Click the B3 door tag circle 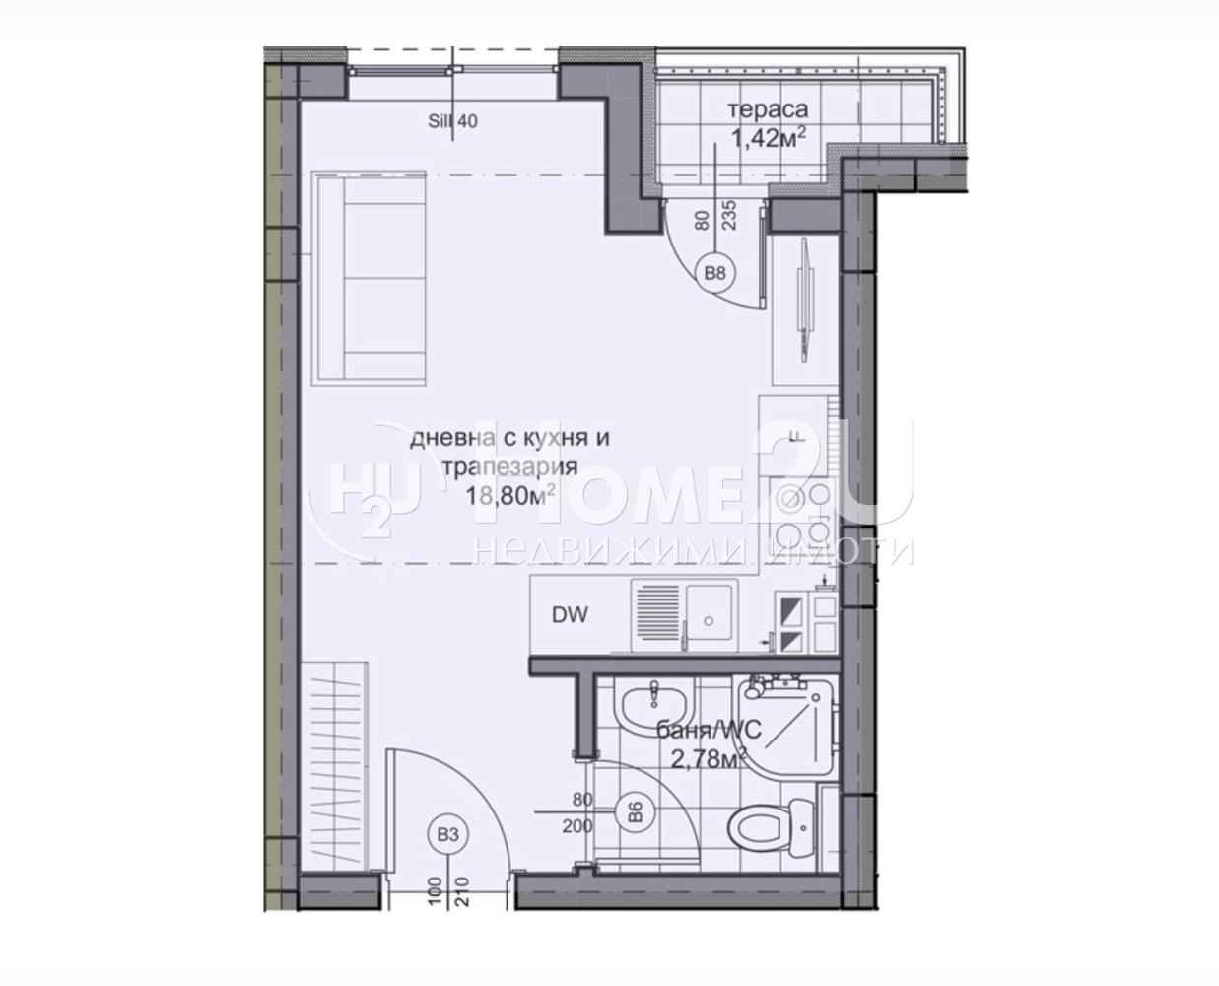click(448, 835)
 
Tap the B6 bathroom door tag click(636, 812)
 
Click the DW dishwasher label click(570, 616)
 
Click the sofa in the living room click(368, 277)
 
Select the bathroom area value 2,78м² click(704, 759)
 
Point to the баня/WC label click(702, 732)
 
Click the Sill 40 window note click(453, 121)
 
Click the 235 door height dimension click(730, 216)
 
